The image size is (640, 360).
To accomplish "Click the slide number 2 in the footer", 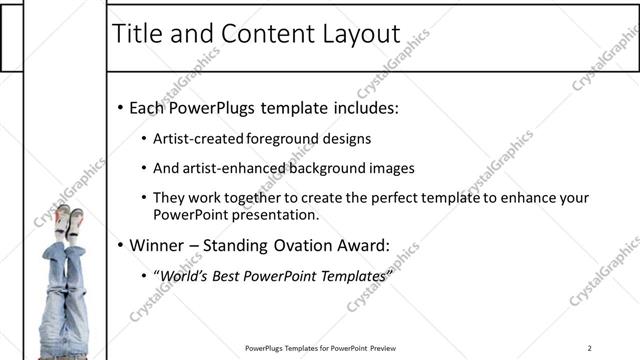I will pos(590,348).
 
